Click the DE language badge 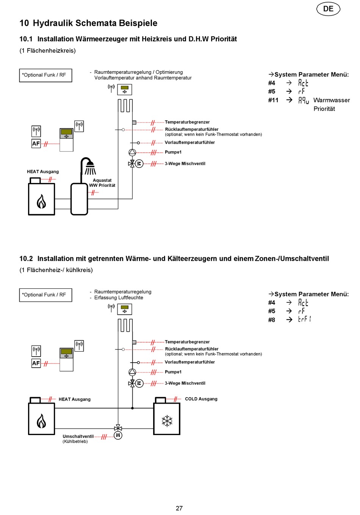[328, 9]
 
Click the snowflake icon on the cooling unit [167, 421]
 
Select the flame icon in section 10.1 [41, 201]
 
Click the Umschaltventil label [78, 436]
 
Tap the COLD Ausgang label [201, 399]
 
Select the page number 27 [179, 508]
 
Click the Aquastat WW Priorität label [102, 183]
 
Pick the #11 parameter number [273, 100]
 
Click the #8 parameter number [271, 320]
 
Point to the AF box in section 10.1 [36, 144]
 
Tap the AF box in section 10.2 [36, 363]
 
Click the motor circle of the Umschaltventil [118, 435]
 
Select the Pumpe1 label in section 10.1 [173, 152]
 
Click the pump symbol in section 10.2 [132, 372]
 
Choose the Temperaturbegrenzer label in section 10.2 [187, 342]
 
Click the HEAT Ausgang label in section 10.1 [43, 172]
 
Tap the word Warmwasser [332, 100]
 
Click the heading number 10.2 [26, 259]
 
